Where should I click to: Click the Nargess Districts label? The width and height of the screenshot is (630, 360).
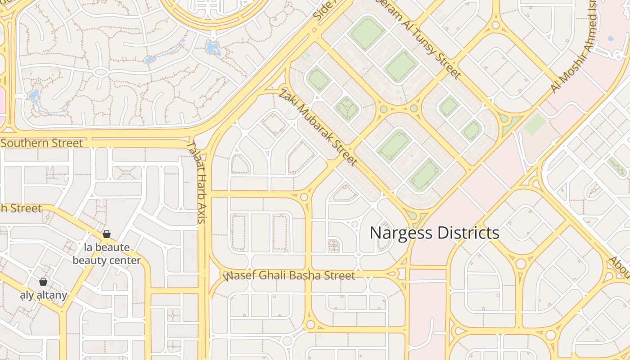[x=434, y=233]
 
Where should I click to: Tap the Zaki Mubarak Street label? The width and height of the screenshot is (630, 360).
[x=318, y=127]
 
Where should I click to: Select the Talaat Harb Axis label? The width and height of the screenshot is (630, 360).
[x=196, y=182]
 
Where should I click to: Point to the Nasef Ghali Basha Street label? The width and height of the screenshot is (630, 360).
[x=289, y=275]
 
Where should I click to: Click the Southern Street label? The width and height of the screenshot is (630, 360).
[x=42, y=143]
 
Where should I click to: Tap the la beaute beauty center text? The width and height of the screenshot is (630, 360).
[x=107, y=254]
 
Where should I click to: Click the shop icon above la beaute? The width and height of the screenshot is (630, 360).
[x=107, y=234]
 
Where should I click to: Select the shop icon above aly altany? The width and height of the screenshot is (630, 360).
[x=43, y=282]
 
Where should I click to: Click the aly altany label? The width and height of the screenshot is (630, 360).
[x=44, y=295]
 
